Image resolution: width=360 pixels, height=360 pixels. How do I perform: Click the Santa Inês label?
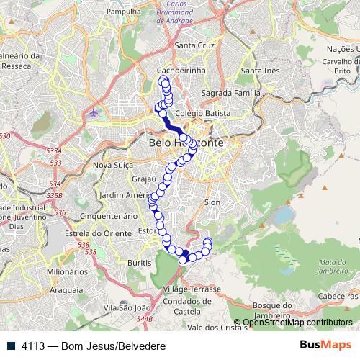(x=261, y=71)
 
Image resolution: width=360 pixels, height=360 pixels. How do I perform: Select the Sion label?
(x=212, y=203)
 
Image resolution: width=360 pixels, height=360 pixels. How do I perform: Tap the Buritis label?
(x=140, y=264)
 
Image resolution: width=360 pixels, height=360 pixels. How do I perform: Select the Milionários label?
(x=67, y=272)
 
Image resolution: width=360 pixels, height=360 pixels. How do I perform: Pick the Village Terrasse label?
(x=192, y=288)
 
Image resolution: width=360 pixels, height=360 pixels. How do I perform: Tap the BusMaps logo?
(x=325, y=346)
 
